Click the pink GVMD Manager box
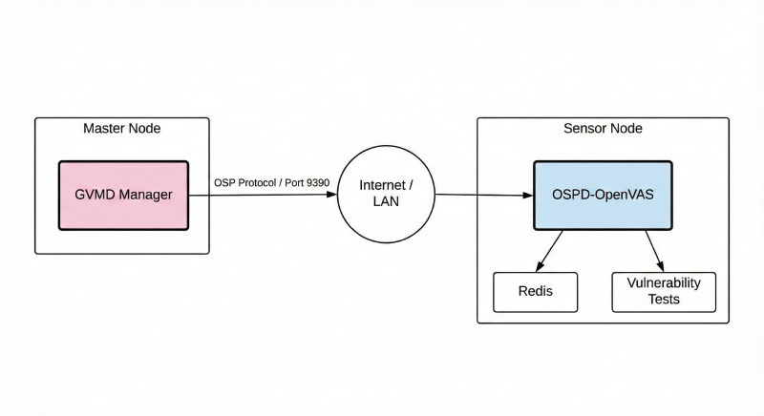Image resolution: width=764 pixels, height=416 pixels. click(x=123, y=195)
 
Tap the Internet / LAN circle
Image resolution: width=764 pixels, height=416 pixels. click(x=386, y=194)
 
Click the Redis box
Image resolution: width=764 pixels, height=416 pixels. click(x=535, y=291)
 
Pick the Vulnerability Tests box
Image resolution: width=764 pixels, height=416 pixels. click(x=663, y=291)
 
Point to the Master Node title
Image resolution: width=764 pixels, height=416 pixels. click(x=122, y=128)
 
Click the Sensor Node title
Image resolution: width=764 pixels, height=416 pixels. click(x=604, y=128)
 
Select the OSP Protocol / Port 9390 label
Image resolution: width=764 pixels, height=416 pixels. click(x=271, y=181)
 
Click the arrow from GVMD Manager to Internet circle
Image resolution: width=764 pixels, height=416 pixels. click(x=263, y=195)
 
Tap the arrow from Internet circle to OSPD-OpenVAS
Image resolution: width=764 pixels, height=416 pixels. click(x=482, y=196)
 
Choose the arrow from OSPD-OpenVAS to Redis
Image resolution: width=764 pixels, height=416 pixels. click(x=552, y=249)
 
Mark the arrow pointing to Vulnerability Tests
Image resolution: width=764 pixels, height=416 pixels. click(x=654, y=250)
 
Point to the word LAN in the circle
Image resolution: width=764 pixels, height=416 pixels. click(x=386, y=202)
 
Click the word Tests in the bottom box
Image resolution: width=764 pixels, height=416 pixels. click(x=663, y=299)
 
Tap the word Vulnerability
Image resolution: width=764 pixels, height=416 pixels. click(x=663, y=283)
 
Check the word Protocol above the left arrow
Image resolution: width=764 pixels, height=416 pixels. click(x=253, y=181)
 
